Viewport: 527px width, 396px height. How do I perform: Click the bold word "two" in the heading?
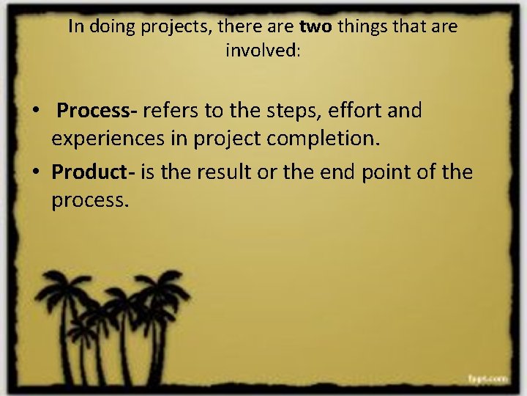315,28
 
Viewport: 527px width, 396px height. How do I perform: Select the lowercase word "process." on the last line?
90,200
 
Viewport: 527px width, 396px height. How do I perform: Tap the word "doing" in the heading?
109,28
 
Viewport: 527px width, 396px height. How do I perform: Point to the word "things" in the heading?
361,28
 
